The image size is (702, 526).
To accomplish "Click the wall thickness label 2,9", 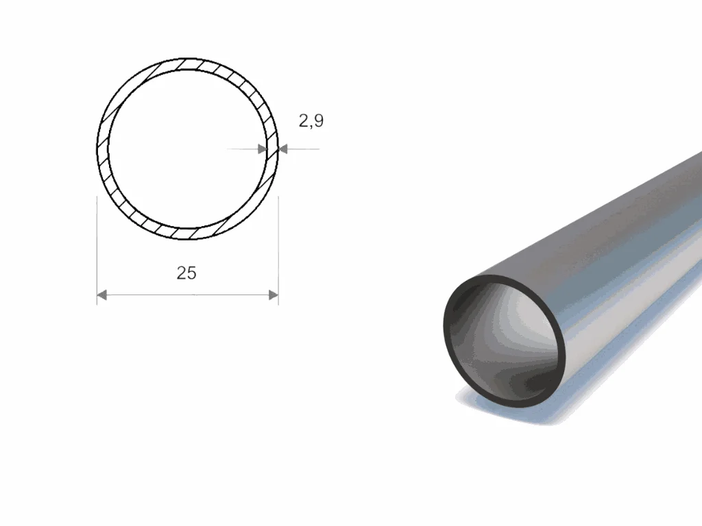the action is (x=311, y=121).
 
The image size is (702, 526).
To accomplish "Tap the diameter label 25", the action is (x=186, y=273).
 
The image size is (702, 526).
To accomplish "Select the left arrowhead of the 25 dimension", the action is (x=102, y=295).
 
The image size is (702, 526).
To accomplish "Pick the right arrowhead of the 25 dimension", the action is (x=273, y=295).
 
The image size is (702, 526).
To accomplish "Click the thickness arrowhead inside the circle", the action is (x=263, y=149).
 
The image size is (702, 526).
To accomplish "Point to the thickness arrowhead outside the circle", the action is (x=283, y=149).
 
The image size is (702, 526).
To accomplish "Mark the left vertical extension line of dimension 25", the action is (x=97, y=251).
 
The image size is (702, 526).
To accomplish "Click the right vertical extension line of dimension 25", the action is (x=278, y=251).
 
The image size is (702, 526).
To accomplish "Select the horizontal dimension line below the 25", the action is (x=188, y=295).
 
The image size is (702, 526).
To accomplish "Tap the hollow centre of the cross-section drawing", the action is (x=188, y=149).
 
